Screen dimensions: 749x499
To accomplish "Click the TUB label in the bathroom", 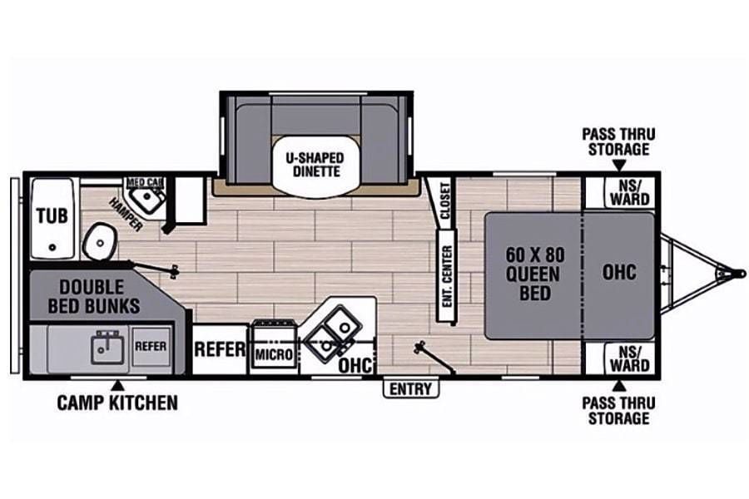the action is click(52, 216).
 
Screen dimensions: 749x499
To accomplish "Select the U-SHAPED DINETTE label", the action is click(315, 165).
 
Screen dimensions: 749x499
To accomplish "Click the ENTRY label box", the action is click(411, 389).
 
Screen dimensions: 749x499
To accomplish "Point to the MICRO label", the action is click(274, 355).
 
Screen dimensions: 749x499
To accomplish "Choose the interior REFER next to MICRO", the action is click(220, 349).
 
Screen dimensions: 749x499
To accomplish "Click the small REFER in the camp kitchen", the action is click(151, 346).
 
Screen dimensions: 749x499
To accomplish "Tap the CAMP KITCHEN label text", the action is click(117, 403).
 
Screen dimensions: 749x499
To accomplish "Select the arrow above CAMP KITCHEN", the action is click(118, 385).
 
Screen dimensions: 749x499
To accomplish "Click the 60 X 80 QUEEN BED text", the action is click(535, 274).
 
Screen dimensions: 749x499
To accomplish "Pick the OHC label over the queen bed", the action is click(619, 272).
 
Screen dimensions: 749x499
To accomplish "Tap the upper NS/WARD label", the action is click(630, 192).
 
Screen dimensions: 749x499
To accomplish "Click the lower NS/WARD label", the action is click(630, 359).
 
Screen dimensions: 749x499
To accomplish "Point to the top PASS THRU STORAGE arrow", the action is click(619, 166).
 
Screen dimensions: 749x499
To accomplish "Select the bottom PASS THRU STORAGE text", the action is click(618, 411).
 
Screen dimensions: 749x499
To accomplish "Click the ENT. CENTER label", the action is click(447, 276).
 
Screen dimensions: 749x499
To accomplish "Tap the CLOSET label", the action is click(444, 200).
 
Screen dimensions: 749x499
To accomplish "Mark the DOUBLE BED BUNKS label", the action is click(94, 297).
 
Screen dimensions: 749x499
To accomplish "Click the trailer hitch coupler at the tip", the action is click(740, 274).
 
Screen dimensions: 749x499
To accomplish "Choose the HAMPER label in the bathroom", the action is click(126, 215).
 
